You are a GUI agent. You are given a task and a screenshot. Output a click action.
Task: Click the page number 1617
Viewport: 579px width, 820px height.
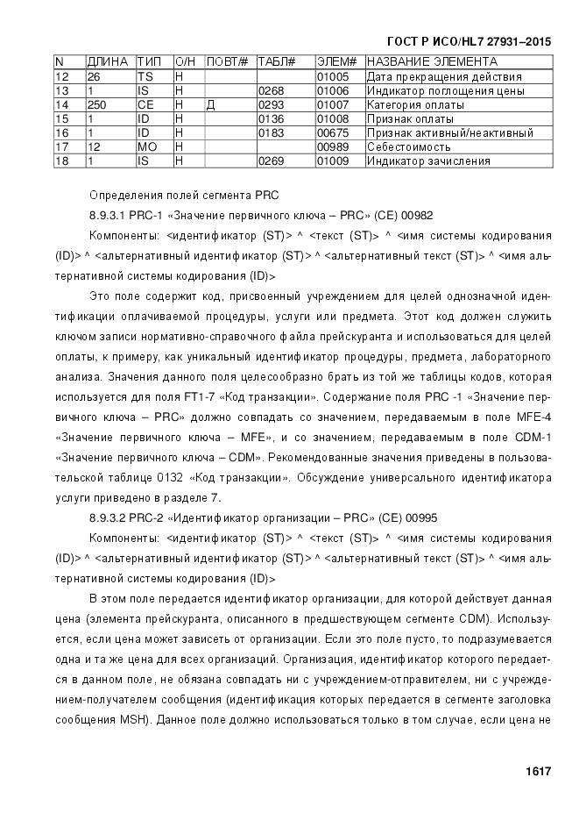[538, 772]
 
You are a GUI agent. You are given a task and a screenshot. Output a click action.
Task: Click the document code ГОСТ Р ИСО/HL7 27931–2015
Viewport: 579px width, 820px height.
[469, 41]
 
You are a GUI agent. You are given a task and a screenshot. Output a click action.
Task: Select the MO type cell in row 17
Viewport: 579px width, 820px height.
[147, 147]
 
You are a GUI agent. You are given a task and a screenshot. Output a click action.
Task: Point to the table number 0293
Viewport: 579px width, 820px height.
[271, 105]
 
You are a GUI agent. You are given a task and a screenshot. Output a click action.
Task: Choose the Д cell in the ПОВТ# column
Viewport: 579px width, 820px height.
[211, 105]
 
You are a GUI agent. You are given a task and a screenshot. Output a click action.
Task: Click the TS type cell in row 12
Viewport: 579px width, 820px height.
[145, 76]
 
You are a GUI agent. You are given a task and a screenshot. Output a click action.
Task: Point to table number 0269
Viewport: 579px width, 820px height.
[271, 161]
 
